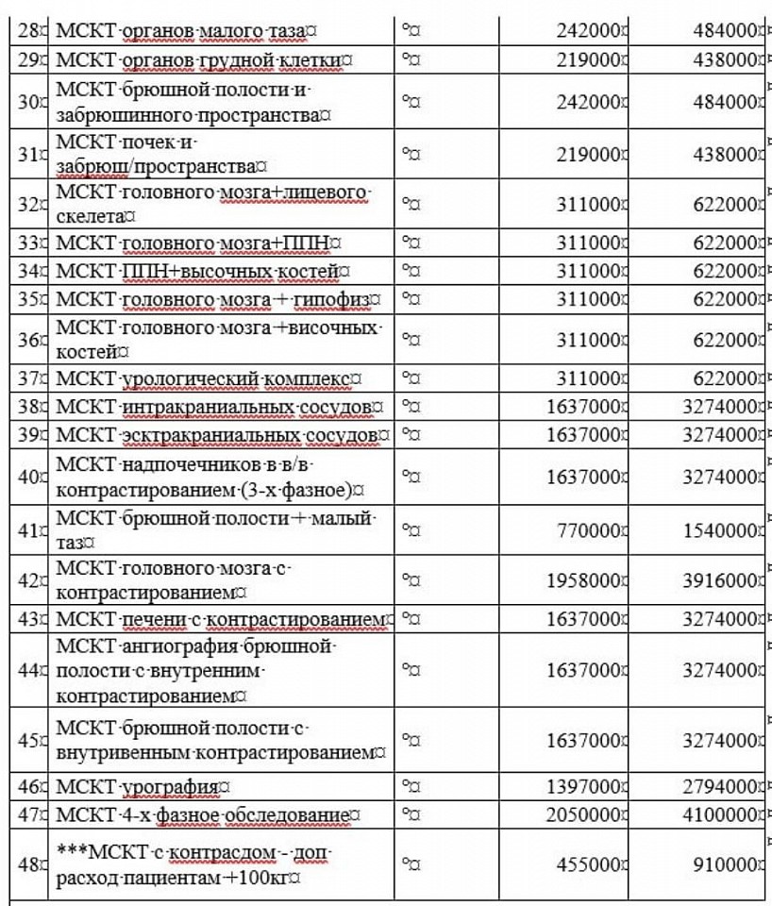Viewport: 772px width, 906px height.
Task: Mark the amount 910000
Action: [726, 864]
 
